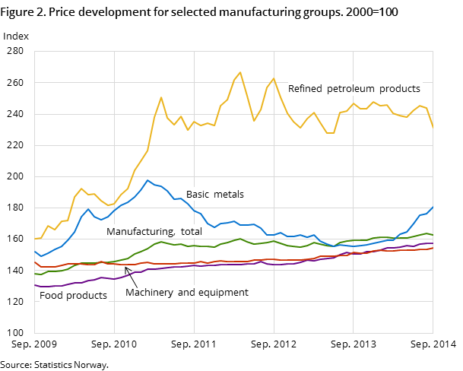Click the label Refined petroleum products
pos(354,89)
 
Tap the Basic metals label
pos(215,195)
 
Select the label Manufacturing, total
pos(154,232)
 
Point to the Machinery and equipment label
pos(187,293)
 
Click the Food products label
pos(73,296)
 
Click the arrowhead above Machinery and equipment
pos(127,268)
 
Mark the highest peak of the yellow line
pos(240,72)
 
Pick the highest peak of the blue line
pos(147,180)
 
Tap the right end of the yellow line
pos(433,127)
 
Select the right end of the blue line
pos(433,207)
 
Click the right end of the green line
pos(433,235)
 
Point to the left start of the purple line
pos(35,285)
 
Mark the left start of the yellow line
pos(35,239)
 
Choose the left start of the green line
pos(35,274)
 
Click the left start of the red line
pos(35,262)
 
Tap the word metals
pos(229,195)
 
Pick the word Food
pos(51,296)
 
